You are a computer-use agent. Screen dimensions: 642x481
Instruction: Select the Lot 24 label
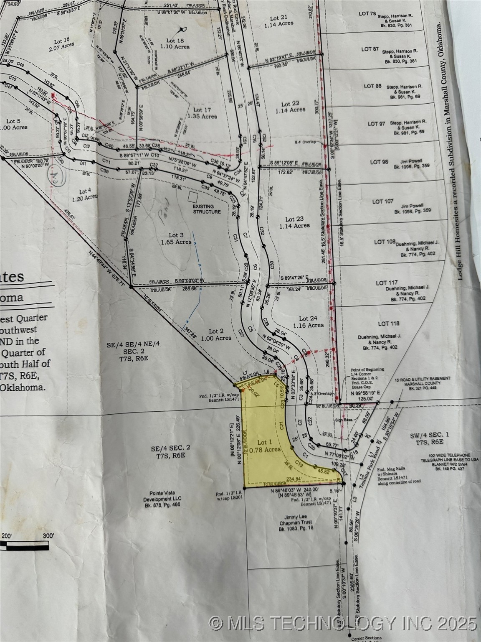point(308,321)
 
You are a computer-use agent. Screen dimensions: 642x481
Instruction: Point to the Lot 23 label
point(295,222)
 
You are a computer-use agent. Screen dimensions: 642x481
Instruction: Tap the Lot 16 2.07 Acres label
point(61,44)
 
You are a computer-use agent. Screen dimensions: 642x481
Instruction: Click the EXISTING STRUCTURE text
point(206,209)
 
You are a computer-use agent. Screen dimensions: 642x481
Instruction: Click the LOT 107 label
point(383,201)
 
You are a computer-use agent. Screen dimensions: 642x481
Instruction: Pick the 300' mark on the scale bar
point(48,536)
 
